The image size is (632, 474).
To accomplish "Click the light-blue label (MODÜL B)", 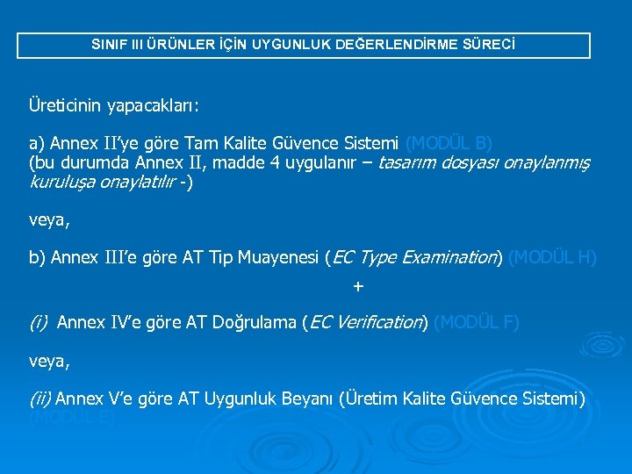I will [x=449, y=143].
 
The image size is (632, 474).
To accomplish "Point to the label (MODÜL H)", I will [x=552, y=258].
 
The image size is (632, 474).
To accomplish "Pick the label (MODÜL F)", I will [x=477, y=323].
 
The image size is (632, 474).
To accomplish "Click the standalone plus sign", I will [x=357, y=286].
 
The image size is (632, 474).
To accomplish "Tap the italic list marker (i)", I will [x=39, y=323].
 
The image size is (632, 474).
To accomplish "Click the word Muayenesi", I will [x=274, y=258].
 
